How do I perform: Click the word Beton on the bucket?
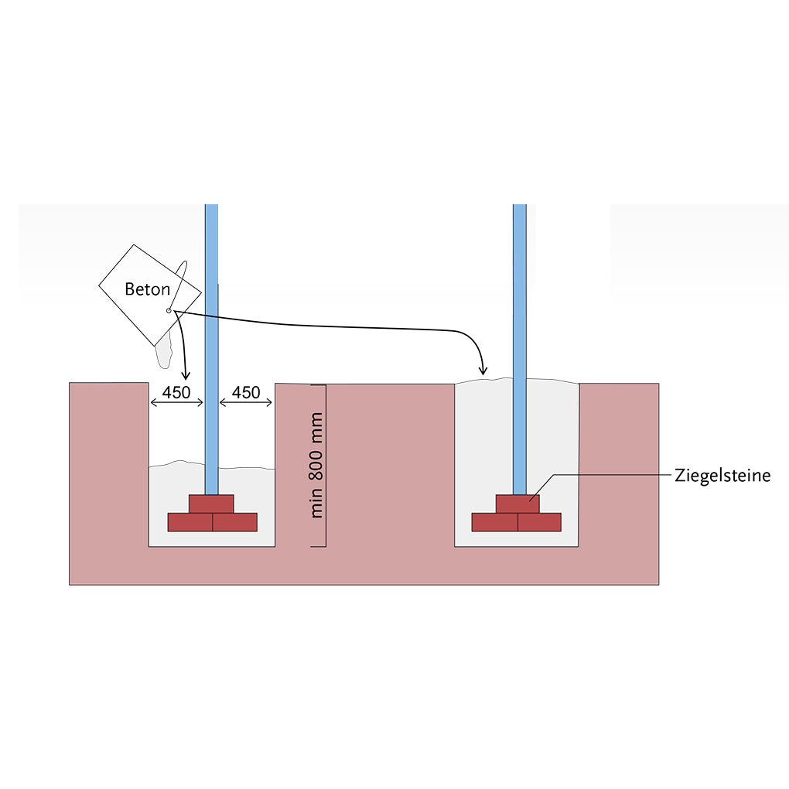point(148,289)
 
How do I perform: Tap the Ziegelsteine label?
point(722,476)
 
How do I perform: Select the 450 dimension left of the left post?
point(176,392)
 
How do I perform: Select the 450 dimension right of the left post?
point(246,392)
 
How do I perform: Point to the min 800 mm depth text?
point(316,466)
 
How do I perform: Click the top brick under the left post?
point(211,504)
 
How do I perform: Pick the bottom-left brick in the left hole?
point(190,522)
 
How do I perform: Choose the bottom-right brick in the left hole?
point(235,522)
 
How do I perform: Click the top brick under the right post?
point(517,504)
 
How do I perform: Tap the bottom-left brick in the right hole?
point(495,522)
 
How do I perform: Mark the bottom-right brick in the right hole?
point(539,522)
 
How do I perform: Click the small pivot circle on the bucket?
point(169,310)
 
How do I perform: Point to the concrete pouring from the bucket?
point(164,350)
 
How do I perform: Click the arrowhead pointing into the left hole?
point(186,375)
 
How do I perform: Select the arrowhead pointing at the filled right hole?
point(483,371)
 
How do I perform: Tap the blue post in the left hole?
point(211,350)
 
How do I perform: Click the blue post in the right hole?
point(520,350)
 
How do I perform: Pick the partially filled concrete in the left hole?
point(212,504)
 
